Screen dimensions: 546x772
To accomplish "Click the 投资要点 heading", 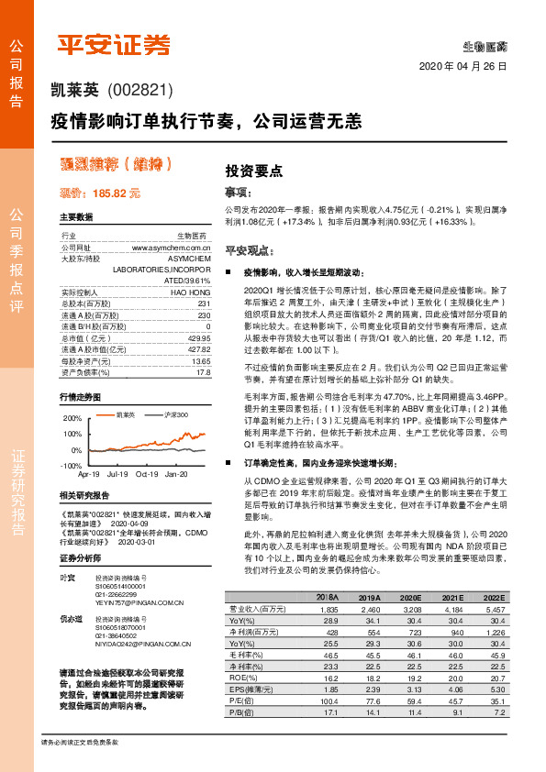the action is pos(254,171).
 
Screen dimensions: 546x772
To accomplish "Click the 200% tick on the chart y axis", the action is pos(72,417).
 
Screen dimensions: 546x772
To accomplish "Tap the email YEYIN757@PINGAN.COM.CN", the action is pos(133,603).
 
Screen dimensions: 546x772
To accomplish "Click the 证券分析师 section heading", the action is pos(84,557).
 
